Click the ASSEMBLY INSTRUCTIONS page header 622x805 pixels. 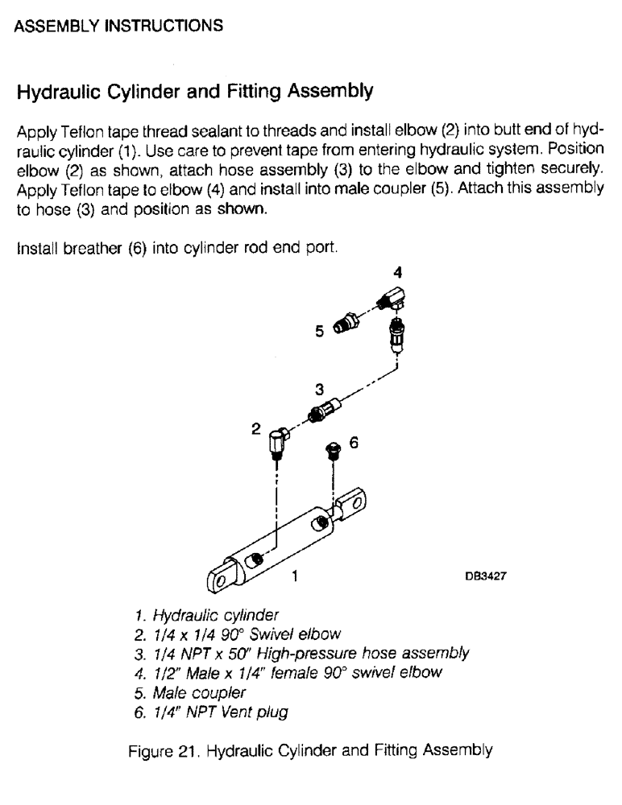click(119, 26)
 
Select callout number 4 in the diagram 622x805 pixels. click(396, 271)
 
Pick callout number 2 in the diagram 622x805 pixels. click(255, 429)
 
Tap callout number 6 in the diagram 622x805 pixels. click(352, 442)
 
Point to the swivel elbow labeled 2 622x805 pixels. click(277, 444)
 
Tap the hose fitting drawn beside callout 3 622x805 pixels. click(321, 413)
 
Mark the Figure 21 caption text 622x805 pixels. click(310, 750)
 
